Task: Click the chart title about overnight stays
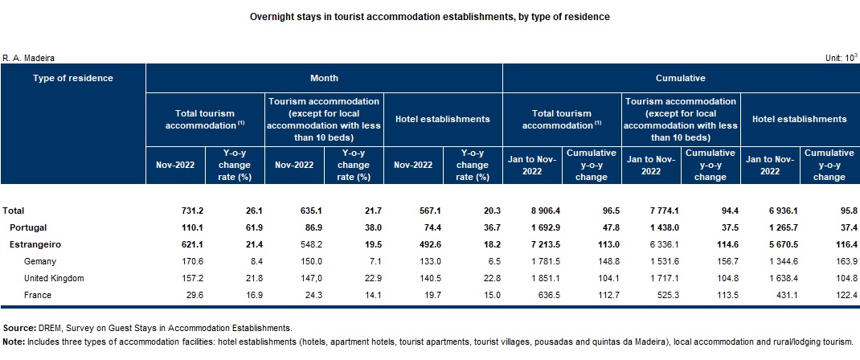(429, 17)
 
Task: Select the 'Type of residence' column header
(73, 78)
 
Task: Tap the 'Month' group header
(324, 78)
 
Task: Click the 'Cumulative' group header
(681, 78)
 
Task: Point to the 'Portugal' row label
(28, 227)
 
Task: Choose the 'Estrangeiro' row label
(35, 244)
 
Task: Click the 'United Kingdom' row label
(55, 278)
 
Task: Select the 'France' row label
(38, 296)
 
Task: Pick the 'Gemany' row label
(40, 262)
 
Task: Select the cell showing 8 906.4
(541, 211)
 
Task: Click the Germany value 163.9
(847, 261)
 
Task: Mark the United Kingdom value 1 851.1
(542, 278)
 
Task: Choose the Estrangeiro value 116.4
(847, 244)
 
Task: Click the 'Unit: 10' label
(841, 58)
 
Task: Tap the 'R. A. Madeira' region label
(28, 58)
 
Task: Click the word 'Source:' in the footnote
(20, 328)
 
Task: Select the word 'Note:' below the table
(14, 342)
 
